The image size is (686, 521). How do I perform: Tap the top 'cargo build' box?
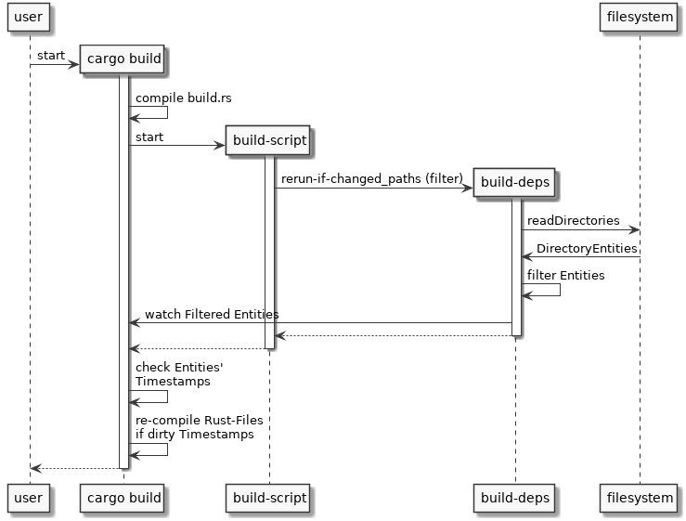pyautogui.click(x=123, y=60)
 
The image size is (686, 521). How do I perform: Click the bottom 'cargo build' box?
pyautogui.click(x=123, y=498)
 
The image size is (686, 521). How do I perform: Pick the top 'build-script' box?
pyautogui.click(x=269, y=141)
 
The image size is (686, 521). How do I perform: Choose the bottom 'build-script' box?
pyautogui.click(x=269, y=498)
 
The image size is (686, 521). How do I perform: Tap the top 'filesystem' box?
pyautogui.click(x=639, y=17)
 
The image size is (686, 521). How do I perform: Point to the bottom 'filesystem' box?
pyautogui.click(x=639, y=498)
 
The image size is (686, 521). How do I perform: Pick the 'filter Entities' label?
pyautogui.click(x=566, y=275)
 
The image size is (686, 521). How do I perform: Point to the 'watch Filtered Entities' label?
pyautogui.click(x=212, y=314)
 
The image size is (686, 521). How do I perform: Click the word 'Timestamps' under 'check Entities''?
pyautogui.click(x=173, y=381)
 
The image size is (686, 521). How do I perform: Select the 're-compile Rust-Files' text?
pyautogui.click(x=193, y=420)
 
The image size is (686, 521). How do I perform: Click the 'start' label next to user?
pyautogui.click(x=51, y=56)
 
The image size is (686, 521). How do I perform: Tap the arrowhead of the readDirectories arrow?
pyautogui.click(x=634, y=229)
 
